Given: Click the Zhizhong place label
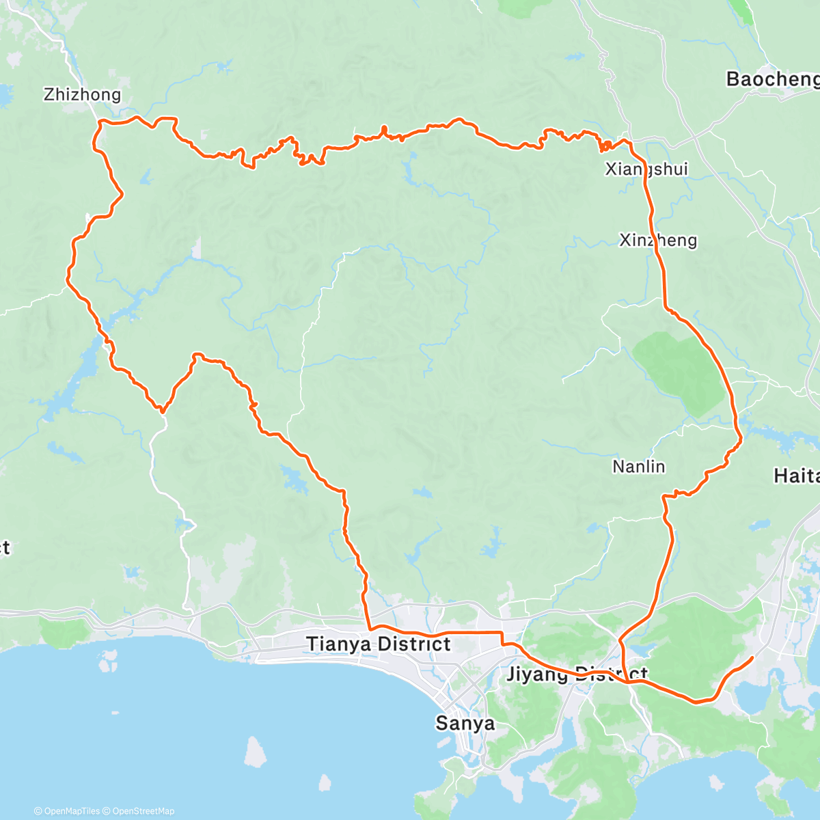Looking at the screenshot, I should pyautogui.click(x=82, y=94).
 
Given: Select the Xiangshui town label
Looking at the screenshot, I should pyautogui.click(x=646, y=169).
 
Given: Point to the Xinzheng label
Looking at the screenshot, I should pyautogui.click(x=658, y=240).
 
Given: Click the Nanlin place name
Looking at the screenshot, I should pyautogui.click(x=639, y=467).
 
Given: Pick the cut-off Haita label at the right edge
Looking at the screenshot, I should pyautogui.click(x=796, y=476).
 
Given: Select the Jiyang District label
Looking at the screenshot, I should pyautogui.click(x=577, y=674).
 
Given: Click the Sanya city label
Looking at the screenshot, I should pyautogui.click(x=465, y=723).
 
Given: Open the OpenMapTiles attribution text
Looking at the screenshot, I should pyautogui.click(x=71, y=811).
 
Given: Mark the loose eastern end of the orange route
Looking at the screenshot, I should pyautogui.click(x=752, y=657).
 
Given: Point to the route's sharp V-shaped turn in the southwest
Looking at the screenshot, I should pyautogui.click(x=162, y=411).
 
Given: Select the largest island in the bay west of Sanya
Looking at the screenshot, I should pyautogui.click(x=254, y=752).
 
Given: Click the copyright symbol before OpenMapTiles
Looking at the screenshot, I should pyautogui.click(x=38, y=811).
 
